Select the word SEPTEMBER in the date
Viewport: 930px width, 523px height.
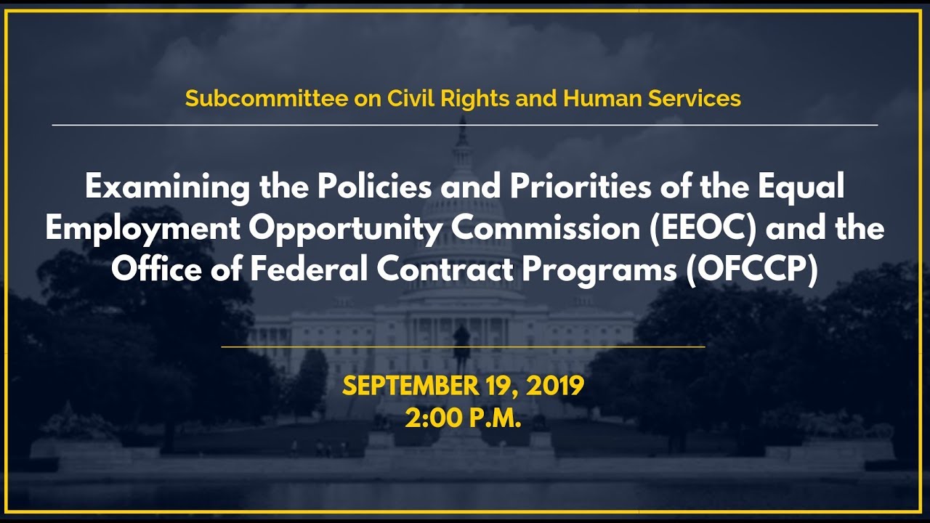[x=410, y=386]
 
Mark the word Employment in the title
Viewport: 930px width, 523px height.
[x=142, y=229]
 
